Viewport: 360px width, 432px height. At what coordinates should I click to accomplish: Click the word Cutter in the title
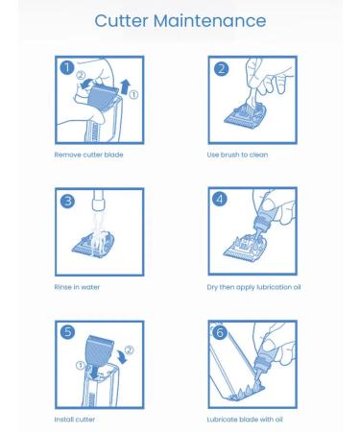pyautogui.click(x=121, y=21)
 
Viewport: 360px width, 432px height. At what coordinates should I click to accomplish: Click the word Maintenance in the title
pyautogui.click(x=209, y=21)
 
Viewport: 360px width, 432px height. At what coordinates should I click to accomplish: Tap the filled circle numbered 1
pyautogui.click(x=67, y=68)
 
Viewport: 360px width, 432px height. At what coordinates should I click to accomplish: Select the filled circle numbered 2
pyautogui.click(x=221, y=68)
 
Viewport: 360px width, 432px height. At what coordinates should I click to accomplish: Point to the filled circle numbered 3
pyautogui.click(x=67, y=201)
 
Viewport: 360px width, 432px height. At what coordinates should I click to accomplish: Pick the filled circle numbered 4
pyautogui.click(x=220, y=199)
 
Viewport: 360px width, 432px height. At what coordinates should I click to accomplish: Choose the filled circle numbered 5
pyautogui.click(x=68, y=332)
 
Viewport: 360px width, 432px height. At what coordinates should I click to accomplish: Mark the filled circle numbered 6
pyautogui.click(x=220, y=332)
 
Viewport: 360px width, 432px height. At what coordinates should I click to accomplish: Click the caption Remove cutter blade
pyautogui.click(x=88, y=155)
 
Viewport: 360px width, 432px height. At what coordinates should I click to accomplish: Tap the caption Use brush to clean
pyautogui.click(x=237, y=155)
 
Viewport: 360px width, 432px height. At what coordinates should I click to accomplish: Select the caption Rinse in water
pyautogui.click(x=77, y=287)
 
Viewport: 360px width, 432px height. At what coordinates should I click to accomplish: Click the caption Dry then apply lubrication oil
pyautogui.click(x=253, y=287)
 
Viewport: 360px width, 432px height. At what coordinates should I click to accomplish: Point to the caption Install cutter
pyautogui.click(x=75, y=420)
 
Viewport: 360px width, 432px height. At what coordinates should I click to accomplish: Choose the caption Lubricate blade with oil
pyautogui.click(x=245, y=420)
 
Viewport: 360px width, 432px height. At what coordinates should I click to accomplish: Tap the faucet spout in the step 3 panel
pyautogui.click(x=98, y=200)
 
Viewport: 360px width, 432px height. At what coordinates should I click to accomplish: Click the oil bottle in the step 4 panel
pyautogui.click(x=263, y=214)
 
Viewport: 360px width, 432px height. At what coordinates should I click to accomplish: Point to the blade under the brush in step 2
pyautogui.click(x=246, y=115)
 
